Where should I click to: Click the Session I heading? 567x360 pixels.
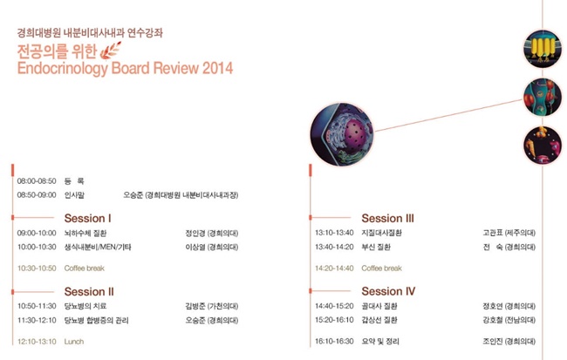pyautogui.click(x=87, y=218)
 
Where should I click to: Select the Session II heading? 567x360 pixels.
pyautogui.click(x=89, y=291)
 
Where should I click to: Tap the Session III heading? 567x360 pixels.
pyautogui.click(x=387, y=218)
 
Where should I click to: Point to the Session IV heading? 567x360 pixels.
pyautogui.click(x=388, y=291)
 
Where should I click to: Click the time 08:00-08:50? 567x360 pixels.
pyautogui.click(x=37, y=181)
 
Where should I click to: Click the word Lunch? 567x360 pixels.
pyautogui.click(x=74, y=342)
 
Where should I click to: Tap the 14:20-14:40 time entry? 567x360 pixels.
pyautogui.click(x=334, y=268)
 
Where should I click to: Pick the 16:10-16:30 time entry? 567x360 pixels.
pyautogui.click(x=334, y=341)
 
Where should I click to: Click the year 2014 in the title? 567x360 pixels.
pyautogui.click(x=217, y=68)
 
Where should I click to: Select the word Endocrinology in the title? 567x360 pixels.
pyautogui.click(x=62, y=69)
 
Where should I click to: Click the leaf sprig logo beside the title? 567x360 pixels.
pyautogui.click(x=110, y=51)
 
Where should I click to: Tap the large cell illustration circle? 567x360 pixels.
pyautogui.click(x=342, y=134)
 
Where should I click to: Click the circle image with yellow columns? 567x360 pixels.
pyautogui.click(x=543, y=49)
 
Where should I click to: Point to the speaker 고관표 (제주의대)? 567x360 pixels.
pyautogui.click(x=509, y=233)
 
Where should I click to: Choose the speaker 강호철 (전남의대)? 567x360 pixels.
pyautogui.click(x=509, y=320)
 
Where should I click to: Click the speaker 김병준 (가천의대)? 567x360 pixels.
pyautogui.click(x=212, y=306)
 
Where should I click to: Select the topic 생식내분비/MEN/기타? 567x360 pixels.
pyautogui.click(x=98, y=248)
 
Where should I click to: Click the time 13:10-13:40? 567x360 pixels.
pyautogui.click(x=334, y=233)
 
